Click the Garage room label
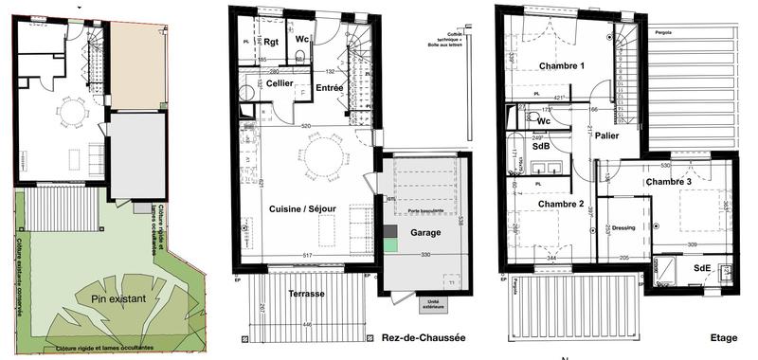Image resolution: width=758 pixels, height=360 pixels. pyautogui.click(x=426, y=232)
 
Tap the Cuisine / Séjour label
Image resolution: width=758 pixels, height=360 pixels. pyautogui.click(x=305, y=210)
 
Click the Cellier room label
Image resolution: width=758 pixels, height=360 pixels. pyautogui.click(x=280, y=83)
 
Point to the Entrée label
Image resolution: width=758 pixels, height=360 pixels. pyautogui.click(x=330, y=88)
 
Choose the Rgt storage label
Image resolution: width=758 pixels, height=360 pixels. pyautogui.click(x=271, y=42)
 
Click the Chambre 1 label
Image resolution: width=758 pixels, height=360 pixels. pyautogui.click(x=563, y=66)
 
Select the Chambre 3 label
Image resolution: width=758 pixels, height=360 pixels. pyautogui.click(x=669, y=182)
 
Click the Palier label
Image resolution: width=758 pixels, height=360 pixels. pyautogui.click(x=607, y=136)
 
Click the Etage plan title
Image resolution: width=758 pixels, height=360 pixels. pyautogui.click(x=723, y=337)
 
